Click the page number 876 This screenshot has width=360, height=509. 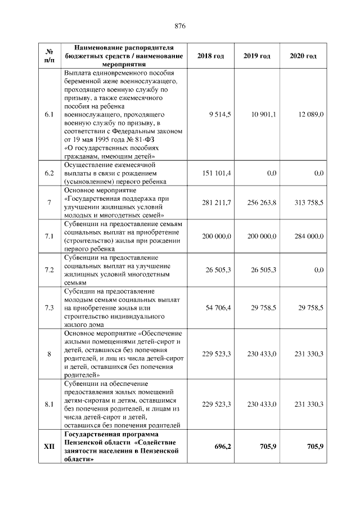tap(180, 26)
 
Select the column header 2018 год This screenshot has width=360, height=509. tap(211, 56)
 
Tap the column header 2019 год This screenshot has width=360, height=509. tap(257, 56)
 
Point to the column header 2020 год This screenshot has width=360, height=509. tap(303, 56)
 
